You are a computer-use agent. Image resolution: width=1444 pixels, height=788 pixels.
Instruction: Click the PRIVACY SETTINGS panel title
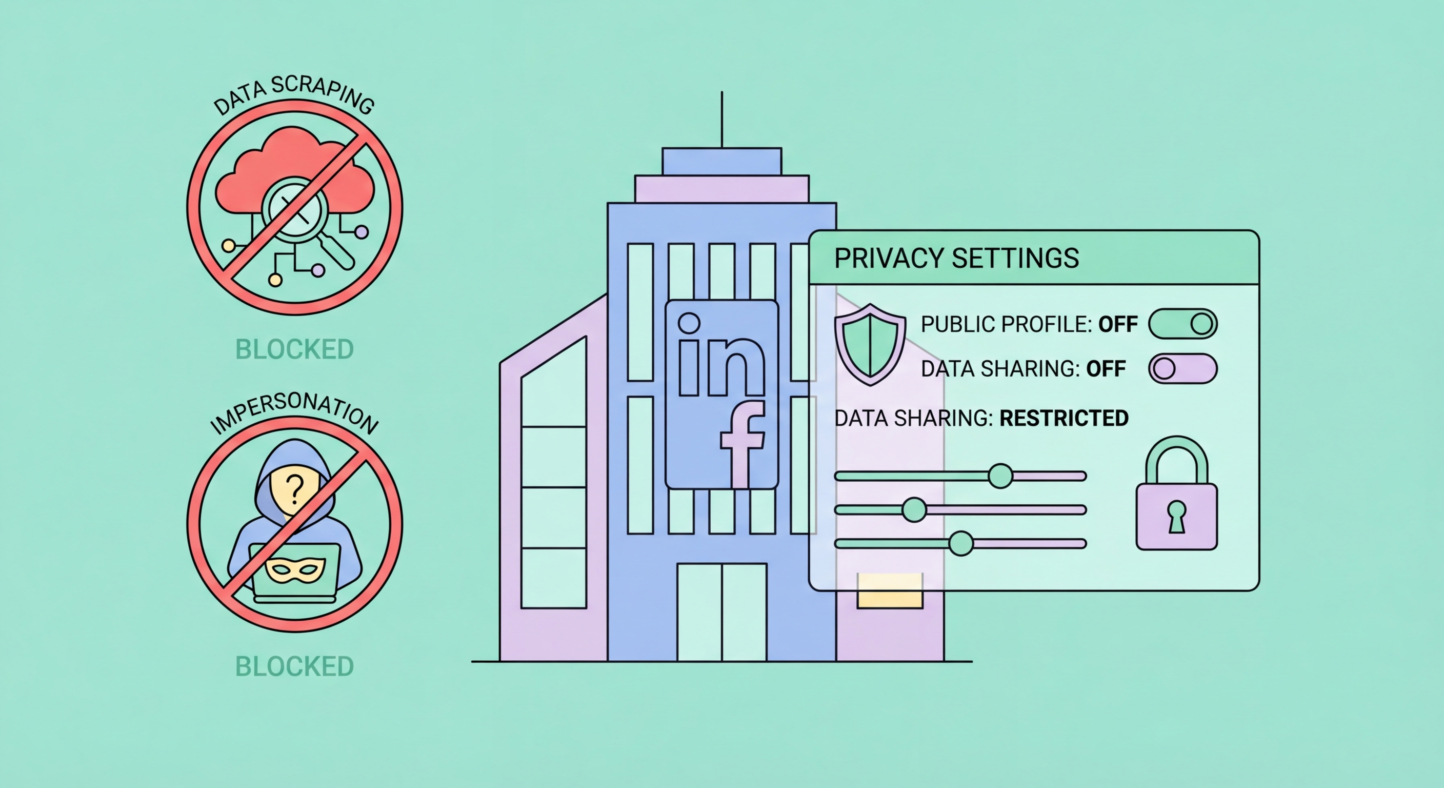coord(956,258)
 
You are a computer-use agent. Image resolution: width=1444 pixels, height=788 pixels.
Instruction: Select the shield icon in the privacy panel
coord(870,344)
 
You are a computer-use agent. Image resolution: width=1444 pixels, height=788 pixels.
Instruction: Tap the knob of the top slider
coord(1000,476)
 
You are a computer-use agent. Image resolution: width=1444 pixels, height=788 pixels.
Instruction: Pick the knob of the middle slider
coord(914,510)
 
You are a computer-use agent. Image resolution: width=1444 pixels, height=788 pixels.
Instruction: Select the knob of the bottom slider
coord(961,543)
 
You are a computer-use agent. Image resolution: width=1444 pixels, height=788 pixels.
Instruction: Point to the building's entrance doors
coord(721,612)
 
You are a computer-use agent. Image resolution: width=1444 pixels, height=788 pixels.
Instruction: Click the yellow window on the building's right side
coord(890,590)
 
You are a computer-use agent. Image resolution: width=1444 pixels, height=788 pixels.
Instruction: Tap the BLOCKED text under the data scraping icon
coord(294,349)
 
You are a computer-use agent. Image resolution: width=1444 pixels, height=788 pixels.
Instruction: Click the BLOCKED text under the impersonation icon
coord(294,666)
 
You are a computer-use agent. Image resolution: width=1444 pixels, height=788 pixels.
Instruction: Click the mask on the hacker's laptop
coord(295,570)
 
